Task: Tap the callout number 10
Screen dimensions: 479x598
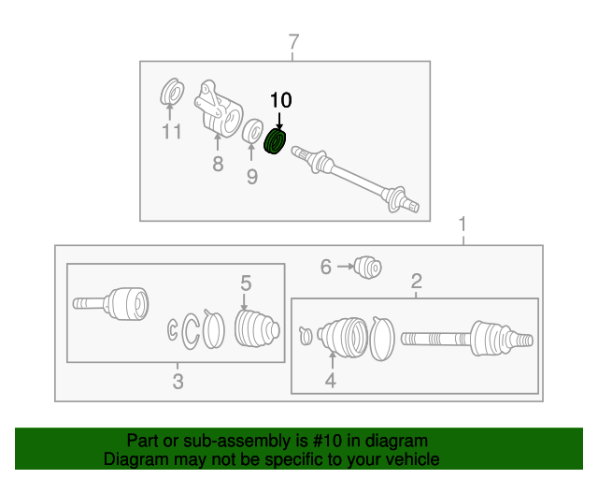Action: [280, 100]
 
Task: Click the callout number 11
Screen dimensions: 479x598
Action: [170, 132]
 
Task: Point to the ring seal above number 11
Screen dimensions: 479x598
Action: [171, 93]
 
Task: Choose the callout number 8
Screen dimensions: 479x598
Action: [218, 165]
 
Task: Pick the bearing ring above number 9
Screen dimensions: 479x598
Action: [251, 132]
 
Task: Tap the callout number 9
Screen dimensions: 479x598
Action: [251, 176]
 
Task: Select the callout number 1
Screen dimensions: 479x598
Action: [462, 225]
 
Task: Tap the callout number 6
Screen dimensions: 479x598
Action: [326, 268]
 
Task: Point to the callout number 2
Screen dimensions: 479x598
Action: [417, 281]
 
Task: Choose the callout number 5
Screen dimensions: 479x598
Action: [246, 283]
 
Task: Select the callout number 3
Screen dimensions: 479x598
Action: [178, 380]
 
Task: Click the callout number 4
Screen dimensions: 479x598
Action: [330, 380]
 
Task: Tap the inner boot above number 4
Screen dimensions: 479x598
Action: [343, 336]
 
